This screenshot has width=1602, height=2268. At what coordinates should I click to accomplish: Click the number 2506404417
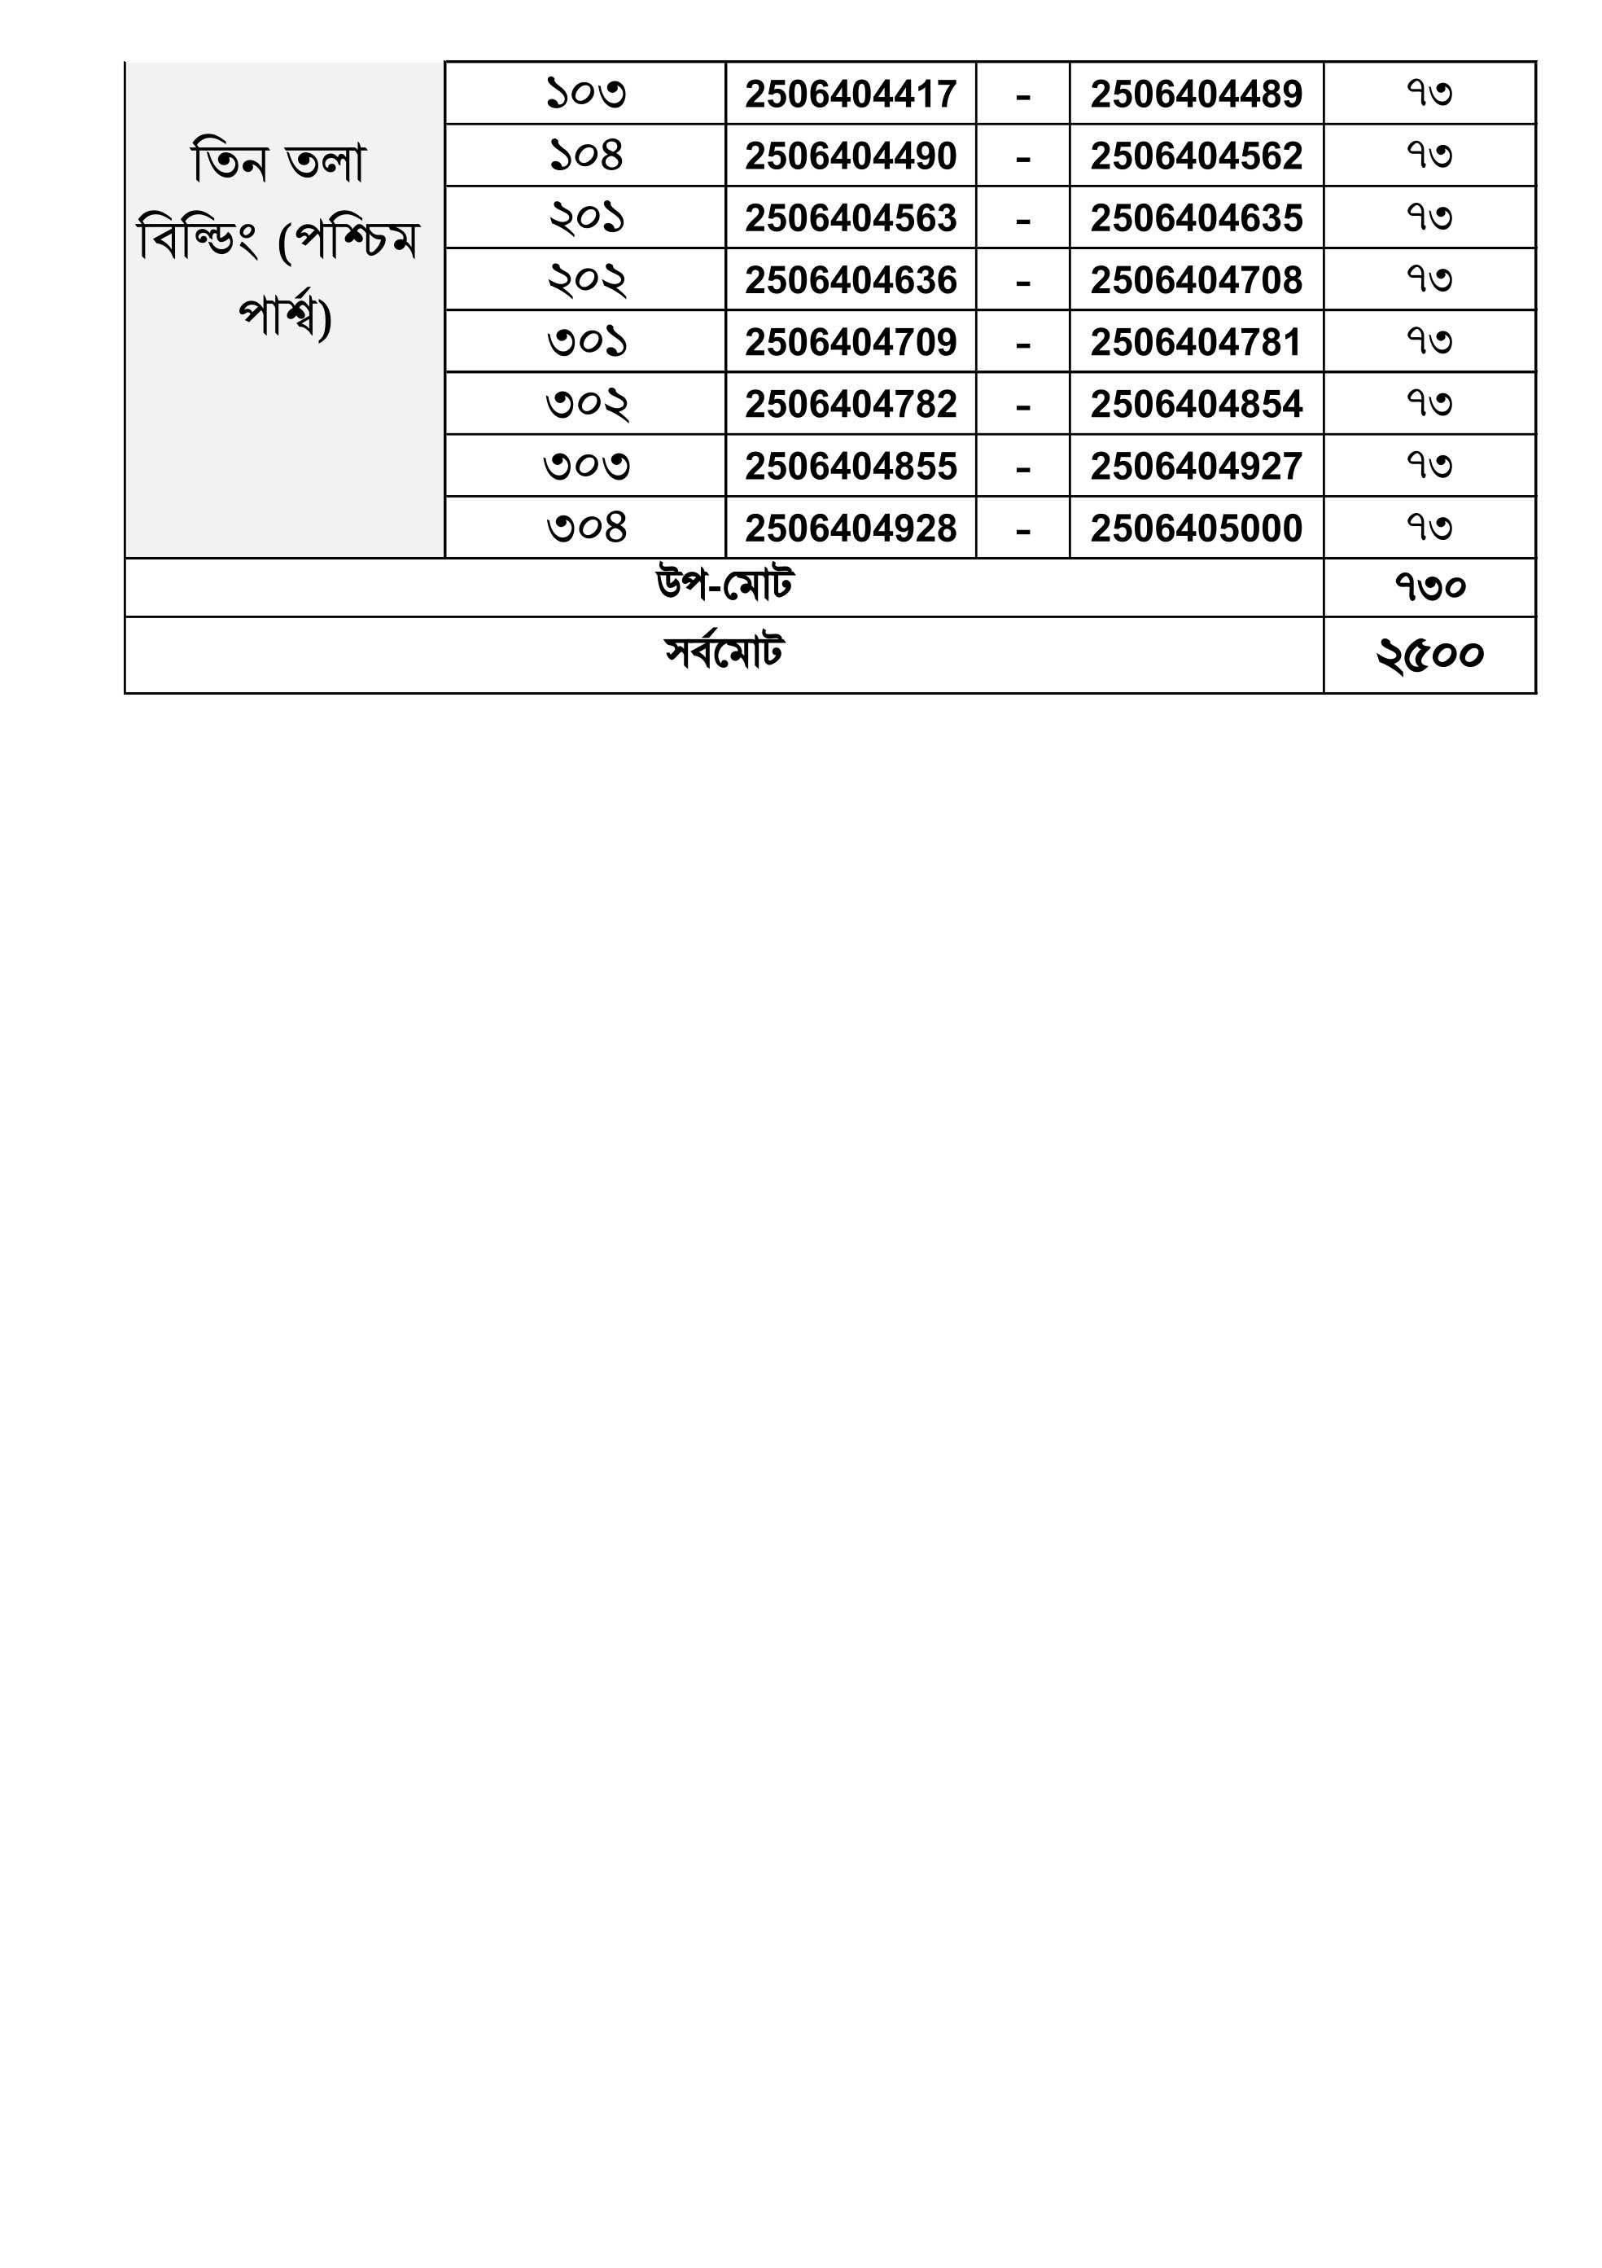tap(851, 94)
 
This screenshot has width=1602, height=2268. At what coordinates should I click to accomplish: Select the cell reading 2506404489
tap(1196, 94)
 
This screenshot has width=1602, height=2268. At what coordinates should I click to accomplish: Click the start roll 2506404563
tap(851, 218)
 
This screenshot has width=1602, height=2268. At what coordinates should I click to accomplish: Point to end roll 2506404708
tap(1196, 280)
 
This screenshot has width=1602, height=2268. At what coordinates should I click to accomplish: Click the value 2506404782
tap(851, 405)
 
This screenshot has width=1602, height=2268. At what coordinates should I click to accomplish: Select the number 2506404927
tap(1196, 467)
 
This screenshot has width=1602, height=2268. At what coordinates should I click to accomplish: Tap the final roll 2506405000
tap(1196, 529)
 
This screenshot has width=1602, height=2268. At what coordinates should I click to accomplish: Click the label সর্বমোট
tap(724, 654)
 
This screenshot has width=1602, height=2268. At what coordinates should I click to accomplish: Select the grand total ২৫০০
tap(1429, 655)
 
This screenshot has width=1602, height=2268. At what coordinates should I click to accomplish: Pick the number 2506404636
tap(851, 280)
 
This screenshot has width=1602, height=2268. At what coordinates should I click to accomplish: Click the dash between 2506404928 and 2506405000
tap(1022, 530)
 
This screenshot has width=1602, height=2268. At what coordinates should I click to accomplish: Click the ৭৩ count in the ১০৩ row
tap(1429, 94)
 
